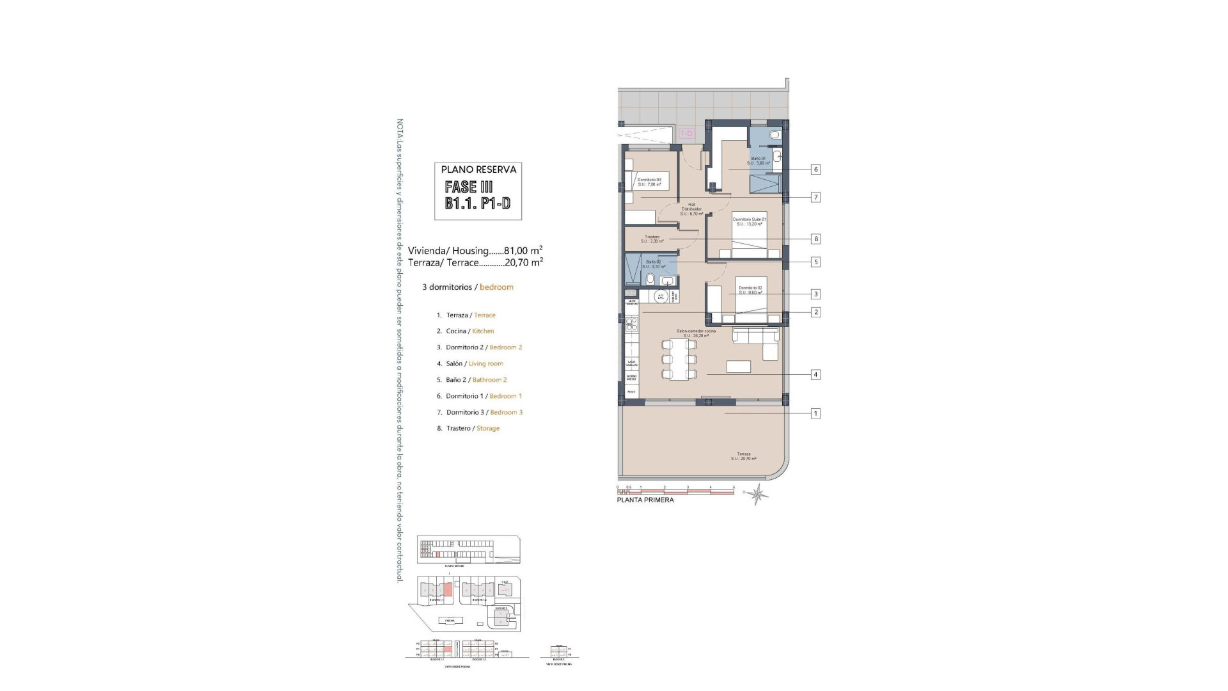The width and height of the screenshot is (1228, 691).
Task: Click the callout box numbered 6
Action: tap(815, 170)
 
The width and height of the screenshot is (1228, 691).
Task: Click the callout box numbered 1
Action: tap(815, 413)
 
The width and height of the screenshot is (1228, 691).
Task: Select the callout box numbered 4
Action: tap(815, 374)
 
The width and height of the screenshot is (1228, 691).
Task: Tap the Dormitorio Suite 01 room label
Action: tap(749, 221)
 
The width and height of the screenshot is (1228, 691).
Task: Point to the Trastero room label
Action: tap(652, 239)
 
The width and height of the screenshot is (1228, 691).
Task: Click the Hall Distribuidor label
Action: tap(691, 209)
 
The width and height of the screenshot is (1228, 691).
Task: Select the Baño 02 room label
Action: tap(653, 264)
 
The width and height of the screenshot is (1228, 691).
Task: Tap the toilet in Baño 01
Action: tap(775, 135)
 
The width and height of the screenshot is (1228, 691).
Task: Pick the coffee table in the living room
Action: tap(739, 367)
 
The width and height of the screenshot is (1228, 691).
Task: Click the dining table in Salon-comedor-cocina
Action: tap(679, 360)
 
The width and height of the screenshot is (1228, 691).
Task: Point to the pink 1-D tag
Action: tap(686, 134)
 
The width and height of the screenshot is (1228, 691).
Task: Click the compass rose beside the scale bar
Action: tap(758, 494)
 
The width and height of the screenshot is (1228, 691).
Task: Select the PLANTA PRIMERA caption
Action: tap(645, 500)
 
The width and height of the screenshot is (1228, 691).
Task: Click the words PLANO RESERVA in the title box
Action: tap(478, 170)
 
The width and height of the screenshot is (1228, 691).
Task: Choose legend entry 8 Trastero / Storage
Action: tap(468, 428)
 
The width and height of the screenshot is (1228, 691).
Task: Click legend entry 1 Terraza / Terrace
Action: tap(466, 315)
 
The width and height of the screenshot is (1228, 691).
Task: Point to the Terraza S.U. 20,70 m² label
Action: tap(744, 456)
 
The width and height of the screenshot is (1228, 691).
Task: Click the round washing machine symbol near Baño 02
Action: tap(662, 296)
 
